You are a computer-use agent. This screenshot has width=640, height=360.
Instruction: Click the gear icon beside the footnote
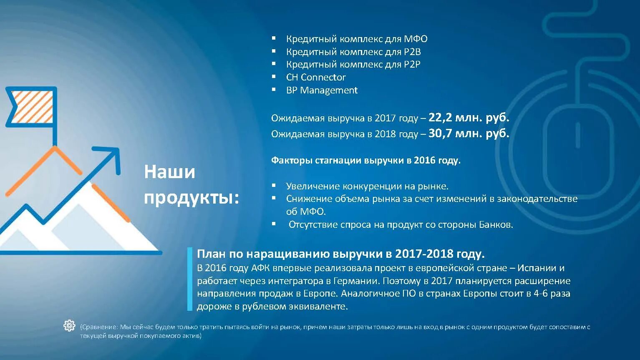pos(69,325)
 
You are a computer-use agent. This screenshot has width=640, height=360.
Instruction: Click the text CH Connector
pos(315,77)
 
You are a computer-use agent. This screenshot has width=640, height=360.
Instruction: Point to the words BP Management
pos(322,90)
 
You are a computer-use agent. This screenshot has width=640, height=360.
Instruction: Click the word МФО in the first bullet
pos(416,39)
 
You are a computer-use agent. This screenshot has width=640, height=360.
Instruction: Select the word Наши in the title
pos(169,172)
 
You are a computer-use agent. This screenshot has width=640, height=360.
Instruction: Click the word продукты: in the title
pos(191,198)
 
